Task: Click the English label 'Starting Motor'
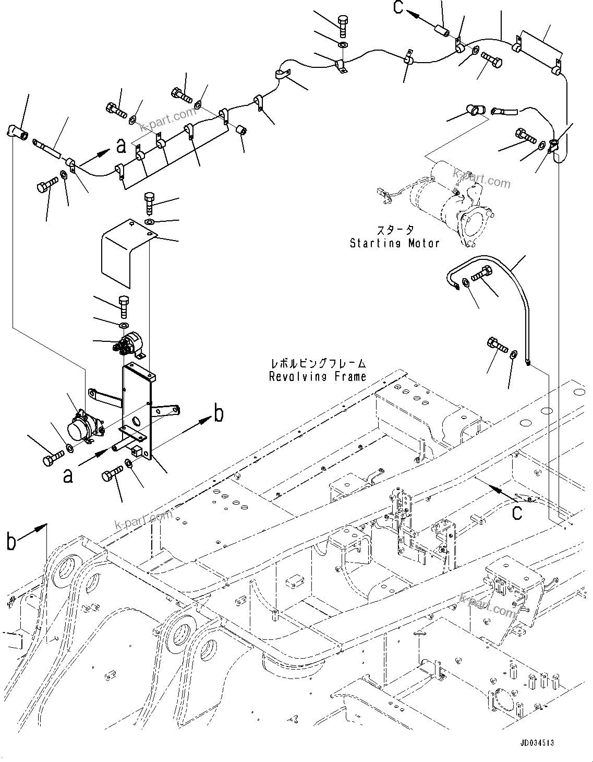(x=394, y=243)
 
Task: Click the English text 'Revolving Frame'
(x=317, y=376)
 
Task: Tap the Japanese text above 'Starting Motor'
(x=395, y=230)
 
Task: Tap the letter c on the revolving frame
(x=516, y=513)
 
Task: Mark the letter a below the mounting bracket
(x=68, y=475)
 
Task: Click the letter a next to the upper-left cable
(x=121, y=147)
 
